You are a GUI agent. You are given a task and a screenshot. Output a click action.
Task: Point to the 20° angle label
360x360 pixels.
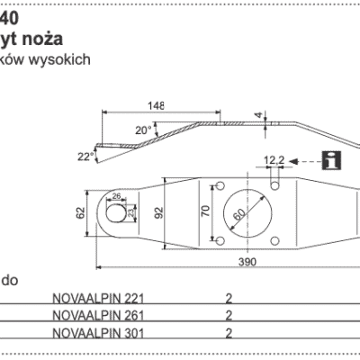(142, 130)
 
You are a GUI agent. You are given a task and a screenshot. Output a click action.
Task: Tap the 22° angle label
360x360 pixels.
(85, 156)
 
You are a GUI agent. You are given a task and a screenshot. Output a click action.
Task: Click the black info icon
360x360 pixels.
(336, 161)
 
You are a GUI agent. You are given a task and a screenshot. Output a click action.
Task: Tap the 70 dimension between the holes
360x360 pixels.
(206, 213)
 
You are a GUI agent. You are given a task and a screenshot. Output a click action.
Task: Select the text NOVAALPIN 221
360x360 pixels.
(100, 297)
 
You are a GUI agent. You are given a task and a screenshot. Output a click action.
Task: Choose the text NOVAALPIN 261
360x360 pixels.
(100, 315)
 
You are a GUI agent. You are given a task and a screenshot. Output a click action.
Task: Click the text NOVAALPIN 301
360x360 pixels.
(100, 333)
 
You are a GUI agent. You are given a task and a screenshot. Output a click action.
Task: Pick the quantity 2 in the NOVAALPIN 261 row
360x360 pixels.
(229, 315)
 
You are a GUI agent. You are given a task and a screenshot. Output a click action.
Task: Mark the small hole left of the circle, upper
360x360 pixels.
(219, 184)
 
